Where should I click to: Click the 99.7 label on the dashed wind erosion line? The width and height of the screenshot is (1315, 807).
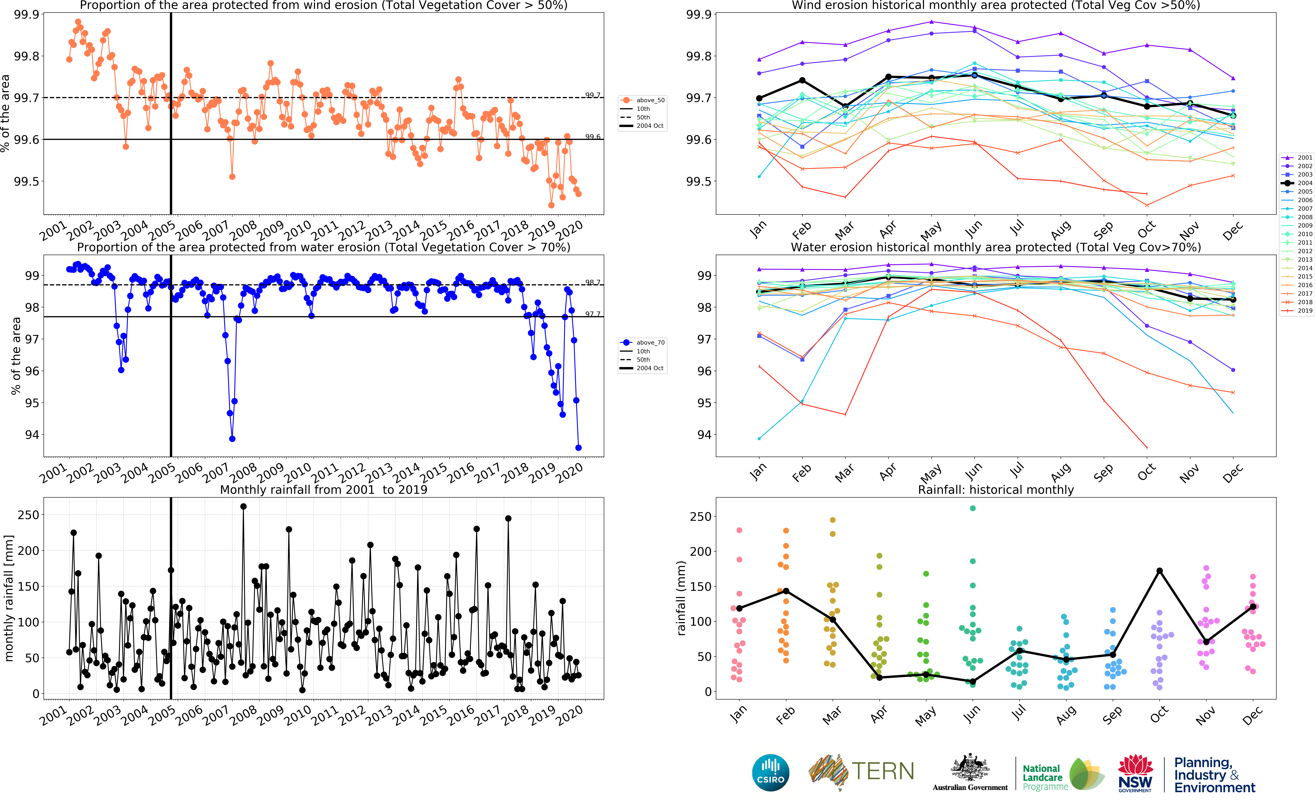coord(592,95)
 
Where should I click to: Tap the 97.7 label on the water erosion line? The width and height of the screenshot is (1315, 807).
coord(592,314)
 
